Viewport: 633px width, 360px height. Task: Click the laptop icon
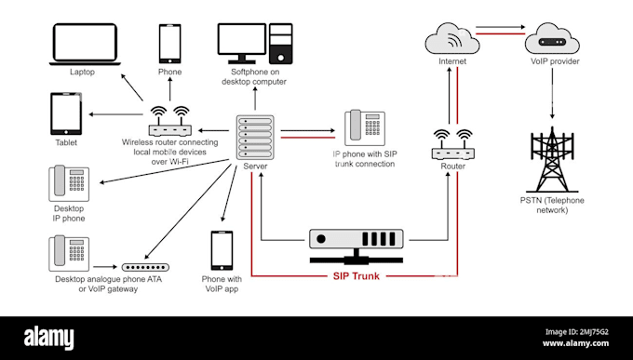(x=82, y=43)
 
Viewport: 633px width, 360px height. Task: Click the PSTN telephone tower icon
(x=552, y=159)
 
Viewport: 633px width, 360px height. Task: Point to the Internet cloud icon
(x=451, y=42)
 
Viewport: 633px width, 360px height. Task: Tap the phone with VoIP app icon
(x=222, y=250)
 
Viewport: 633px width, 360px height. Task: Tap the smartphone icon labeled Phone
(x=169, y=43)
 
